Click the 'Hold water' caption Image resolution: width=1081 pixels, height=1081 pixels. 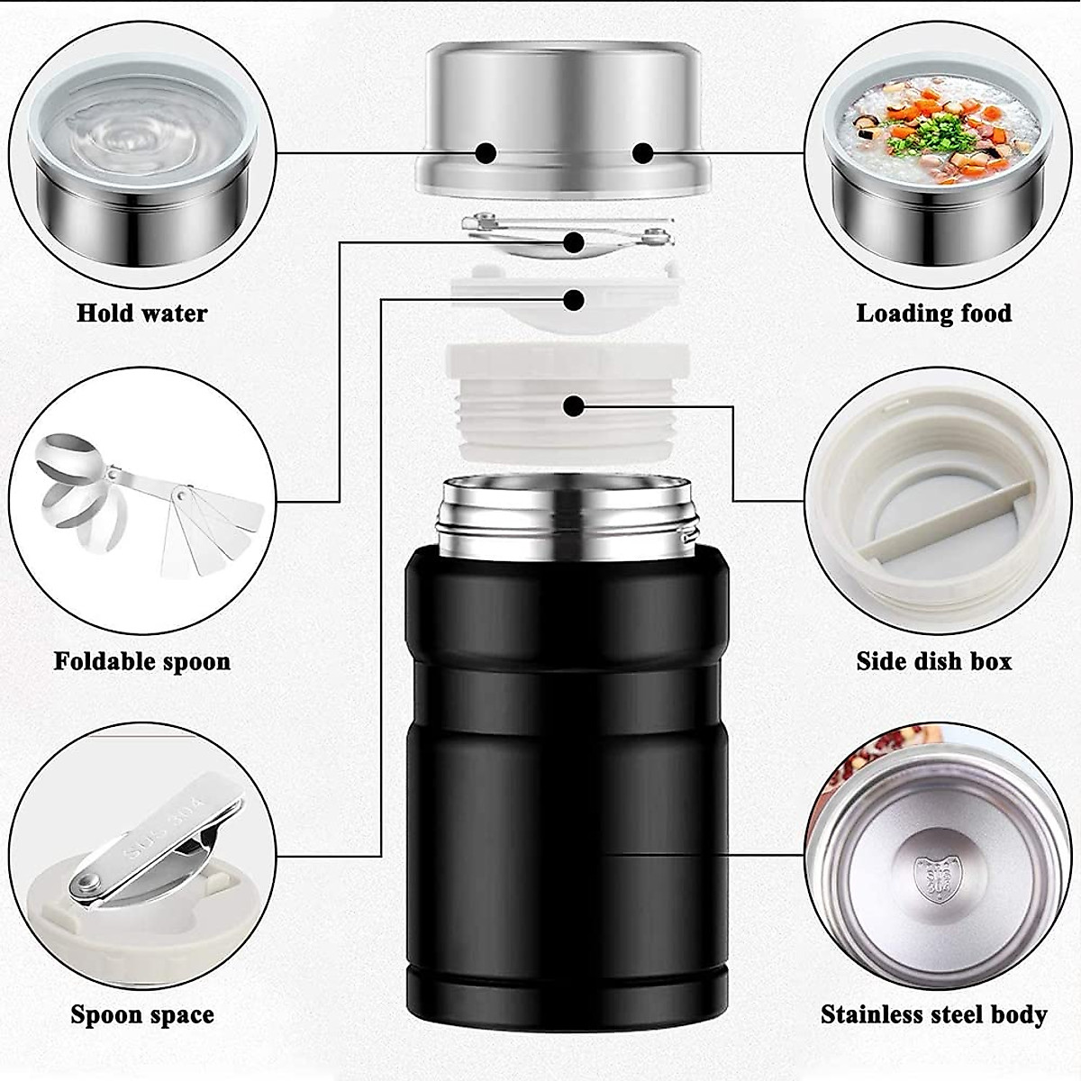pos(141,313)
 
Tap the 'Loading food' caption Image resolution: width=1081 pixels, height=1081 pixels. pos(933,313)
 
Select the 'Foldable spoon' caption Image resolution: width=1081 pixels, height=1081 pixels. pos(141,661)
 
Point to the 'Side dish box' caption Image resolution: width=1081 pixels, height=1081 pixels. pos(933,661)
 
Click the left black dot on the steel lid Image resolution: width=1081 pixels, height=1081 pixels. pos(486,153)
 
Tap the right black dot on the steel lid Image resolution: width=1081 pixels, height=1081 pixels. pos(642,153)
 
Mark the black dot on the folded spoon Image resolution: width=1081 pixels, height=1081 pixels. pos(574,241)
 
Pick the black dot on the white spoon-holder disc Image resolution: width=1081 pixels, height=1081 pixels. pos(573,299)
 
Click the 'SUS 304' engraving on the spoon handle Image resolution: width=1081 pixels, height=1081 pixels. pos(171,824)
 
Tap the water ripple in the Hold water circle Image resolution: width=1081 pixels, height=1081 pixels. pos(135,135)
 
